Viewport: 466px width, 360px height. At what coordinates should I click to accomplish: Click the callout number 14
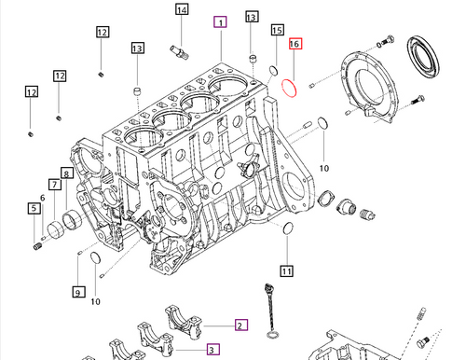tap(181, 10)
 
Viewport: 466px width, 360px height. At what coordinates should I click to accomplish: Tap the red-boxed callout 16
tap(295, 44)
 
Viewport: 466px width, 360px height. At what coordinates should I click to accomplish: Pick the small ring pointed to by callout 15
tap(273, 70)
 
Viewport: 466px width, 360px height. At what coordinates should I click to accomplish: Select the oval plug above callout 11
tap(289, 229)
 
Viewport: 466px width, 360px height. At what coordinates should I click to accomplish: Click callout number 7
tap(55, 186)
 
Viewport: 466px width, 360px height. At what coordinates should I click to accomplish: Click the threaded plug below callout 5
tap(38, 246)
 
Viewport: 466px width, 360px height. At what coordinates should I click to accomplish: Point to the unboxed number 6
tap(42, 198)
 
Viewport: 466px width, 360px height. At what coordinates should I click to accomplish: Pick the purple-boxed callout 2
tap(240, 325)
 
